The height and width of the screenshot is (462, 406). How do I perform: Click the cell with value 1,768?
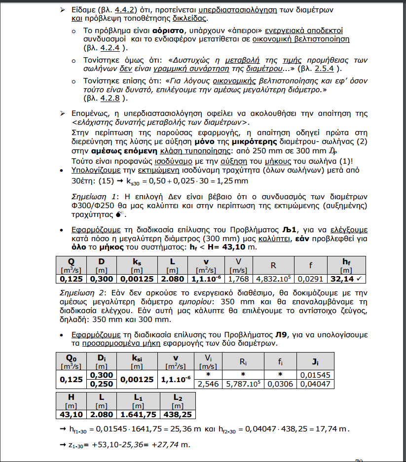coord(238,279)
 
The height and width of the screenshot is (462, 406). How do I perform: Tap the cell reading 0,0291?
coord(310,279)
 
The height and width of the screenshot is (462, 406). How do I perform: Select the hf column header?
coord(346,261)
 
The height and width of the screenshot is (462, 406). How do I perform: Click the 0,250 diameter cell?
coord(102,384)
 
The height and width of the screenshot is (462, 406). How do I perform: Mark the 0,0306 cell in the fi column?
coord(280,384)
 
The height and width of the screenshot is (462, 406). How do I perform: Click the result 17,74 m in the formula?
coord(333,429)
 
